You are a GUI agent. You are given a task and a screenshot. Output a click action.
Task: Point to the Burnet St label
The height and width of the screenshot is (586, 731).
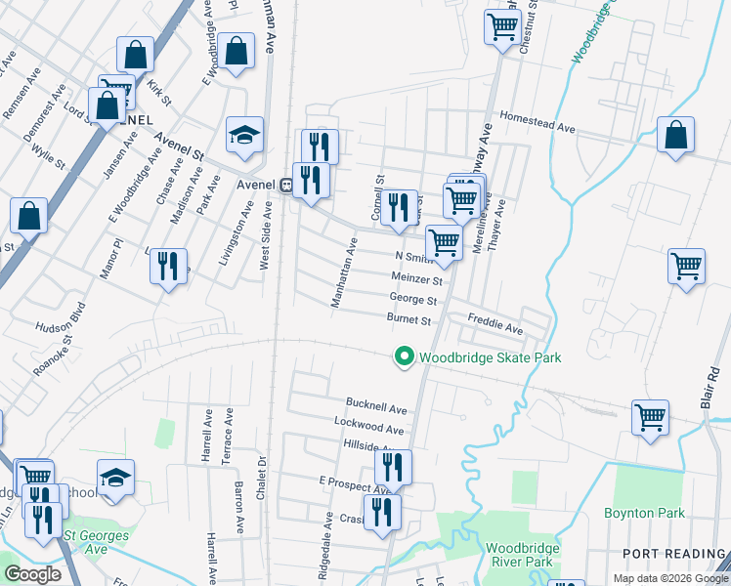(408, 319)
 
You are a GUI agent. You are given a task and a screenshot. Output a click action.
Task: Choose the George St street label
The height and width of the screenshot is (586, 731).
(412, 300)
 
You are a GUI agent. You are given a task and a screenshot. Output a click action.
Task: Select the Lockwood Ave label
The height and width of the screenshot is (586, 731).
(368, 429)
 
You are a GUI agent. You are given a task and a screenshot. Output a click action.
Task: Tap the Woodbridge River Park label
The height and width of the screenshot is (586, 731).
(521, 555)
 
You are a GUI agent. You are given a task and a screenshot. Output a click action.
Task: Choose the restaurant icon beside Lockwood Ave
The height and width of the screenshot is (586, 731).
(393, 466)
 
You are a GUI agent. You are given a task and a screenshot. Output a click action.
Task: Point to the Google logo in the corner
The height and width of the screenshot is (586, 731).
(32, 574)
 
